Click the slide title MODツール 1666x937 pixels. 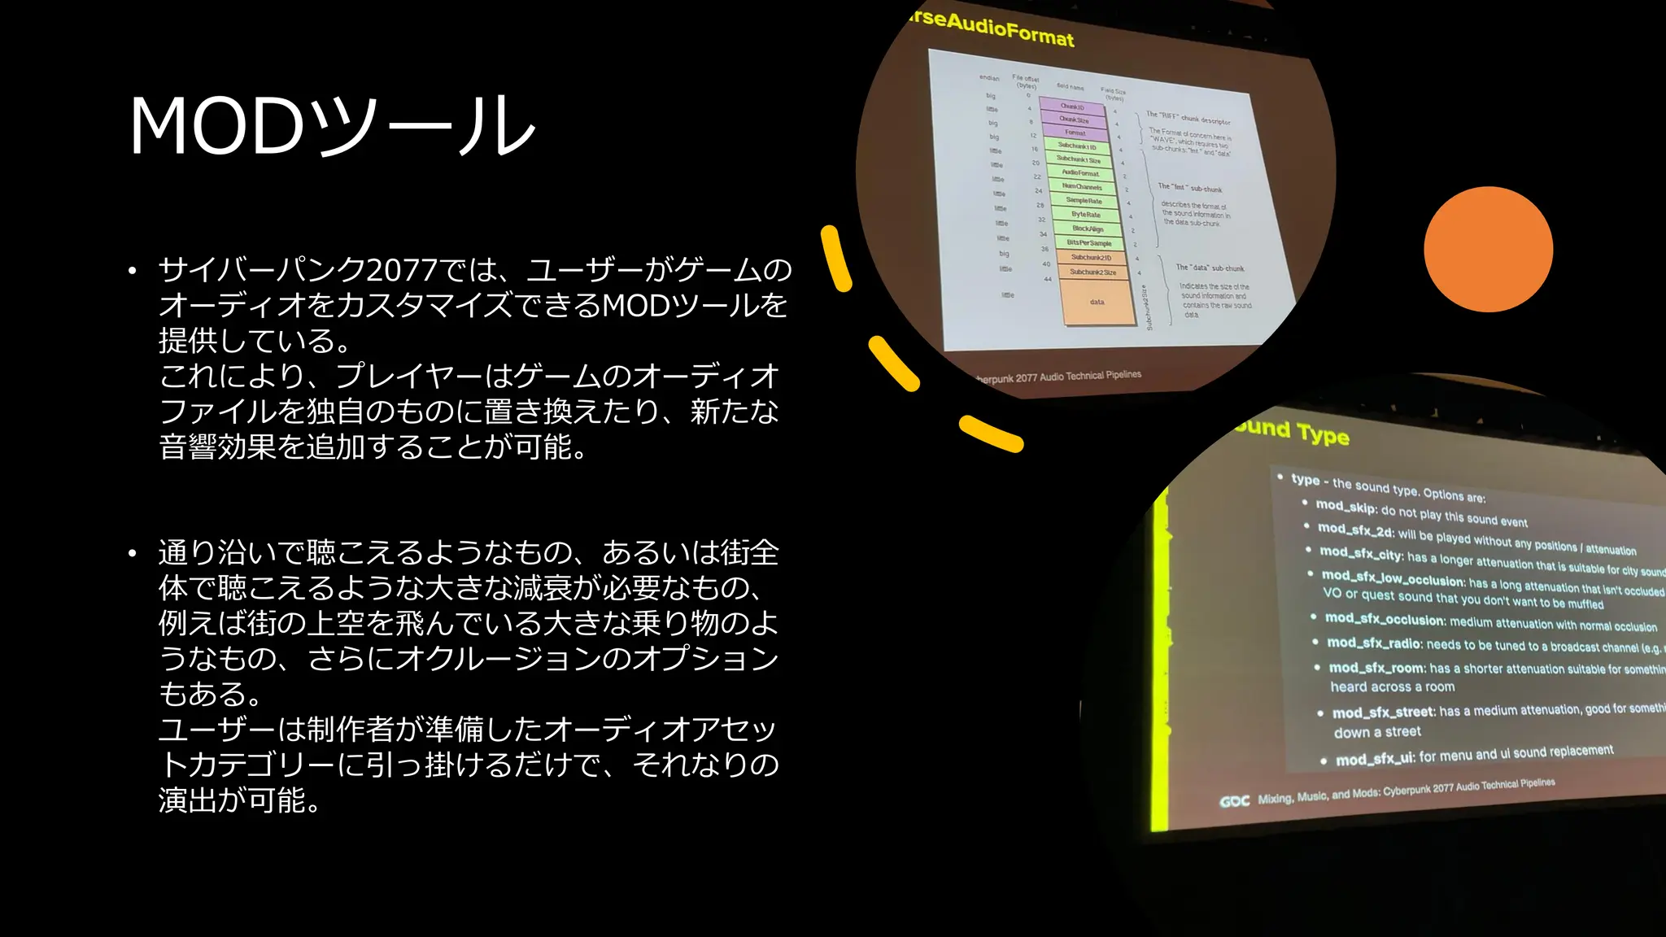[332, 126]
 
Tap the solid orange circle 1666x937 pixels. [1488, 250]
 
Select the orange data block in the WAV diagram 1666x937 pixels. [1097, 302]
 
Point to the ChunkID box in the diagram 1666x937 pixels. [1072, 107]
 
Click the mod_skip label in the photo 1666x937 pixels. [1346, 507]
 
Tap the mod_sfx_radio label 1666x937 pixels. [1374, 643]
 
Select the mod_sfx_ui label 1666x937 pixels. [1376, 759]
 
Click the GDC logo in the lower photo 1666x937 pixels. [1234, 801]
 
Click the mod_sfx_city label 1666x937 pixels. [1361, 553]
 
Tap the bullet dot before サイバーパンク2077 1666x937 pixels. [133, 271]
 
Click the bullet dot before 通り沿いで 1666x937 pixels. [133, 554]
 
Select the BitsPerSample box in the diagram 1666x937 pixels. [1088, 243]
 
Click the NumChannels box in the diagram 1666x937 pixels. [1082, 186]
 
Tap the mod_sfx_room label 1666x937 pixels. [1376, 668]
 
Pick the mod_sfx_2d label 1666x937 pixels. [1355, 530]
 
